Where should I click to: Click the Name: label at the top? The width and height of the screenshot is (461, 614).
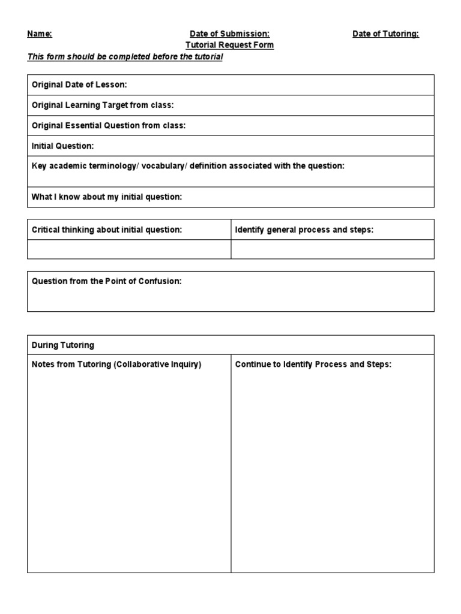click(40, 34)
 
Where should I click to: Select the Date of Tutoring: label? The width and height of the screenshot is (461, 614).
click(385, 34)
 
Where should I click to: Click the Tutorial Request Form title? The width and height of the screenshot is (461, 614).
click(230, 45)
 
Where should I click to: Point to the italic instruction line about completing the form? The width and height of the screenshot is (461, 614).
click(125, 57)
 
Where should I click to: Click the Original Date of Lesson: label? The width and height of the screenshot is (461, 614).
click(79, 85)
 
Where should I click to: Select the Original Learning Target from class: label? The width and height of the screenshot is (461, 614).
click(103, 106)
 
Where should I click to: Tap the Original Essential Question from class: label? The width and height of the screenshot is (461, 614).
click(109, 126)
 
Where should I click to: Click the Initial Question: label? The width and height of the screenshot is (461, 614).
click(63, 146)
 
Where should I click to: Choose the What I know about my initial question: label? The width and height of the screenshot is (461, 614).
click(106, 197)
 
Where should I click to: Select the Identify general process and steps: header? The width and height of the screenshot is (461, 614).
click(304, 230)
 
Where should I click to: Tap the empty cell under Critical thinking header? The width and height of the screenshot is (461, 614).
click(129, 249)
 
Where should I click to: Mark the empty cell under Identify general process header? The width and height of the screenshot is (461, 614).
click(333, 249)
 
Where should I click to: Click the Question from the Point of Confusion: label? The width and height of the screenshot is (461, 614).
click(106, 281)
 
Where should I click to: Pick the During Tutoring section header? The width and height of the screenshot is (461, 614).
click(63, 345)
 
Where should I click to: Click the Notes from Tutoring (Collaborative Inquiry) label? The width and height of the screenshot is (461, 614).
click(116, 365)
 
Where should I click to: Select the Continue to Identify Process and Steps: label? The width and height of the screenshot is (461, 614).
click(313, 365)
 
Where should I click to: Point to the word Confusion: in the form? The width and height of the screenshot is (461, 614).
click(161, 281)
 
